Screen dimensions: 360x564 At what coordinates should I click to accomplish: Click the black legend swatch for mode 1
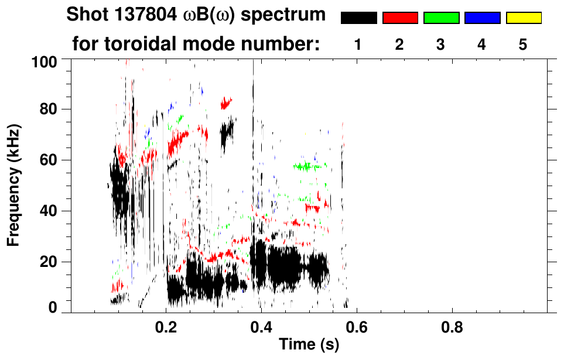(358, 18)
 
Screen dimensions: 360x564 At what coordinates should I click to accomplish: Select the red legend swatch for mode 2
(400, 18)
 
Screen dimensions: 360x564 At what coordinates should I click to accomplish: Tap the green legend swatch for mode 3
(441, 18)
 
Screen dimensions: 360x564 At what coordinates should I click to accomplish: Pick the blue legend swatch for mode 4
(482, 18)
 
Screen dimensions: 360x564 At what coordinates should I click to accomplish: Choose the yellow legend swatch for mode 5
(523, 18)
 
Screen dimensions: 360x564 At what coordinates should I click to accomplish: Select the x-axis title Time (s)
(308, 345)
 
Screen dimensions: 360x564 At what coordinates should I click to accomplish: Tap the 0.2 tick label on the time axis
(166, 327)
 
